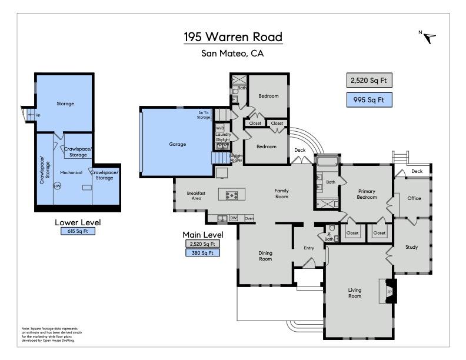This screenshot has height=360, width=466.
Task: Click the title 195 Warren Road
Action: (233, 36)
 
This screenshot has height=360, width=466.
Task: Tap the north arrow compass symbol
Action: (430, 38)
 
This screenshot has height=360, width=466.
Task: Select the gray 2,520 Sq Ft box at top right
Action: (368, 81)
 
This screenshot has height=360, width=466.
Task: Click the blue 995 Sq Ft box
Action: (368, 100)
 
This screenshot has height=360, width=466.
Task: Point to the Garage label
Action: (177, 144)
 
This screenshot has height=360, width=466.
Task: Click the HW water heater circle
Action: (57, 186)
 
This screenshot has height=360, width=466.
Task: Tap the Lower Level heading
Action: (78, 222)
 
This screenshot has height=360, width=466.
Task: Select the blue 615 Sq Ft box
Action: (78, 232)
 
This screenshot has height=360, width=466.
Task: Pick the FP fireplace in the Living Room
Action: (390, 292)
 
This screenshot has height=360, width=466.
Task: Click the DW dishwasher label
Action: (234, 218)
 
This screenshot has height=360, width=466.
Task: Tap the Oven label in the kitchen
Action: (249, 218)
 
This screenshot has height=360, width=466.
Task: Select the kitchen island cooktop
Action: (232, 195)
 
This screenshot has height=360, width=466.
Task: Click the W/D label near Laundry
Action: (220, 128)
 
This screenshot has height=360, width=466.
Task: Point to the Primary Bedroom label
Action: (367, 195)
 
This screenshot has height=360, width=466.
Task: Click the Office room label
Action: (414, 198)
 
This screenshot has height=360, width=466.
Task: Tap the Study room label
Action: (411, 247)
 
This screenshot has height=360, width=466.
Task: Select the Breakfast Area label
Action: (195, 195)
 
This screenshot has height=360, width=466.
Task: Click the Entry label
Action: (309, 248)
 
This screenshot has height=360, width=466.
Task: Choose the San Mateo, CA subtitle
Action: (232, 53)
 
